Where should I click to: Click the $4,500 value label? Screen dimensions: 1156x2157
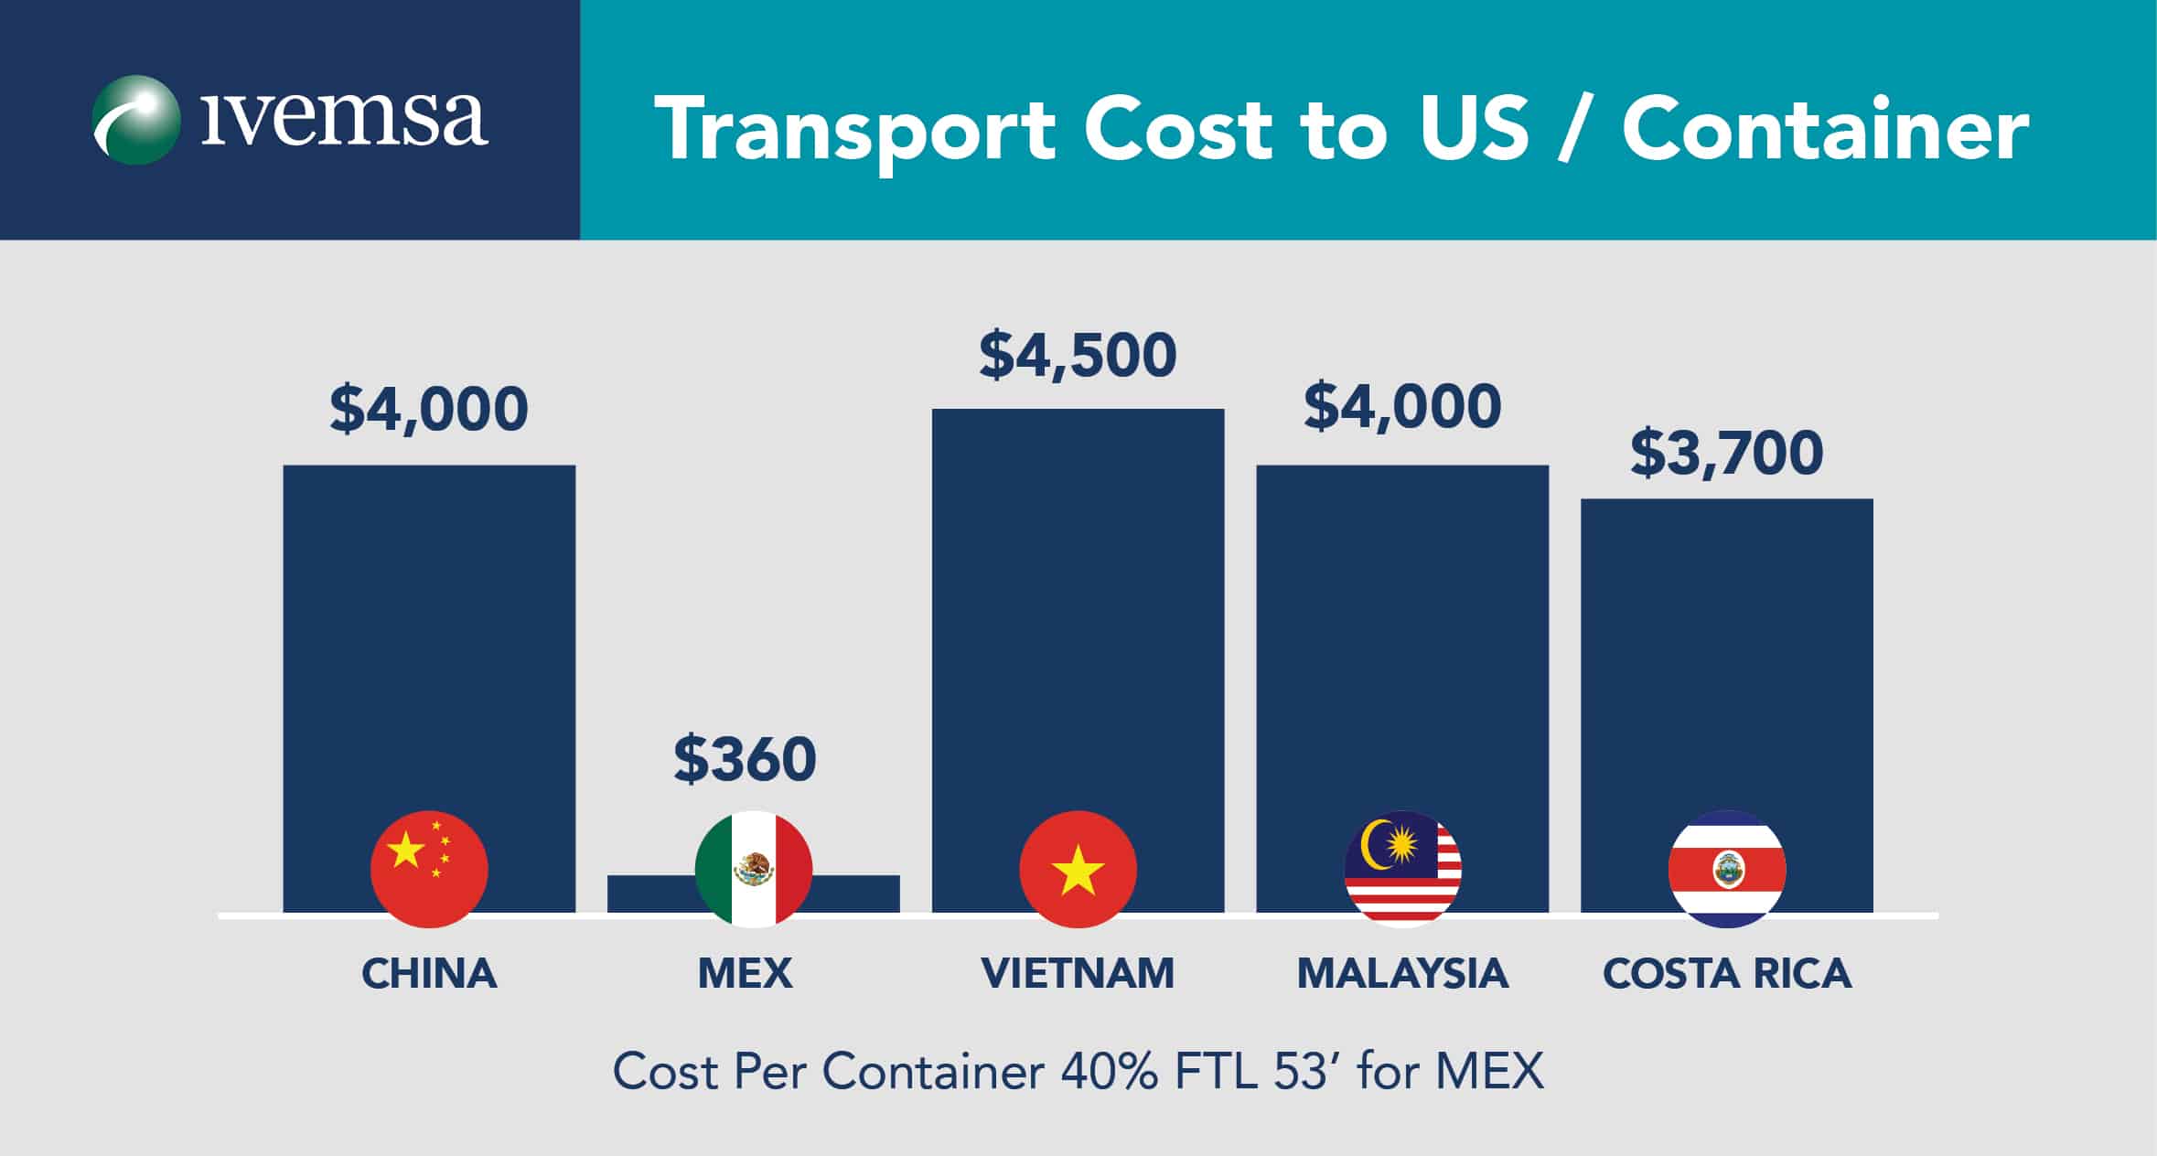pos(1078,356)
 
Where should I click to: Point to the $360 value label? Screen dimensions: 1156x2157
pos(745,759)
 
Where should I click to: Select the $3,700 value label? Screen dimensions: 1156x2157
pos(1726,454)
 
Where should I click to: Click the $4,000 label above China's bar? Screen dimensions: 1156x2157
pos(429,409)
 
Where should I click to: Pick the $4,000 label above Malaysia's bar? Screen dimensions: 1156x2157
pos(1402,407)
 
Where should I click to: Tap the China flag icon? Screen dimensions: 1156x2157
pos(429,869)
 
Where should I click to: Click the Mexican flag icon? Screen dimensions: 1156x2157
pos(753,869)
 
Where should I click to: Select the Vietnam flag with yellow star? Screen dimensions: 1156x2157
pos(1078,869)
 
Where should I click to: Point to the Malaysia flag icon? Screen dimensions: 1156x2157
pos(1402,869)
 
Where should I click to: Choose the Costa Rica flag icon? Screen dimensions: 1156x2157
pos(1726,869)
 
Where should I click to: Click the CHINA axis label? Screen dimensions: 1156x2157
pos(429,974)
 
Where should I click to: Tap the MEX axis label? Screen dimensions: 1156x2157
pos(745,974)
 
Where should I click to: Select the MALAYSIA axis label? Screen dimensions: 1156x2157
pos(1402,974)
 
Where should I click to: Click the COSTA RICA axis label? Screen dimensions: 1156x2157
pos(1726,974)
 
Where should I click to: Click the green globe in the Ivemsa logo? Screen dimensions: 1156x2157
pos(135,120)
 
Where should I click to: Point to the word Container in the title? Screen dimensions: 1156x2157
pos(1825,130)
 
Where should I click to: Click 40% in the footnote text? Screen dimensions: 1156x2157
pos(1108,1071)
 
